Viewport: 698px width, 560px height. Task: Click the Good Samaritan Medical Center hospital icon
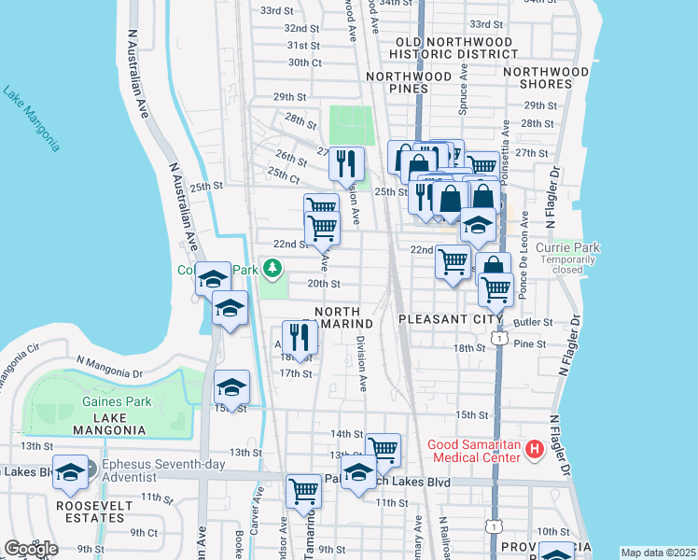pyautogui.click(x=535, y=450)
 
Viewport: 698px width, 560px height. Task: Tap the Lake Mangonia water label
pyautogui.click(x=32, y=119)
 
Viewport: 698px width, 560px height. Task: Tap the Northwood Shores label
pyautogui.click(x=546, y=77)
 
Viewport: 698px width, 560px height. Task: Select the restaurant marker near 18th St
pyautogui.click(x=300, y=336)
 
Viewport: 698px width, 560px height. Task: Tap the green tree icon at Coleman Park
pyautogui.click(x=272, y=270)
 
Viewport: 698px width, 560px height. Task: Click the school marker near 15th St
pyautogui.click(x=231, y=386)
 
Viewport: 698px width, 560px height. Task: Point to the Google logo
pyautogui.click(x=31, y=549)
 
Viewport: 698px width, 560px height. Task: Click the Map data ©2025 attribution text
pyautogui.click(x=658, y=553)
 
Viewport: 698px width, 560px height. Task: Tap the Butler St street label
pyautogui.click(x=534, y=321)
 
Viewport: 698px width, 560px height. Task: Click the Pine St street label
pyautogui.click(x=529, y=344)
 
